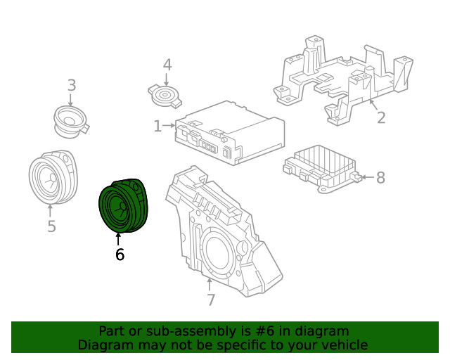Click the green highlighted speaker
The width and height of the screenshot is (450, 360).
125,205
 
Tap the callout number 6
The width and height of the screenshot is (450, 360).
120,255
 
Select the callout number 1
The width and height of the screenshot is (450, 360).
157,127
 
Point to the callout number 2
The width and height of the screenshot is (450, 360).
380,117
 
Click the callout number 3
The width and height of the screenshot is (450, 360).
71,86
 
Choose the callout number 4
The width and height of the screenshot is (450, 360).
167,65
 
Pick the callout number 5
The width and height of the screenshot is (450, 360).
51,226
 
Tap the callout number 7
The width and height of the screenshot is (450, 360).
210,300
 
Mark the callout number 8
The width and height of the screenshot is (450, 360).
380,177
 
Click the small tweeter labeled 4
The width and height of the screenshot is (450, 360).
167,95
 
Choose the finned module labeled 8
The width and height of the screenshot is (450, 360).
320,167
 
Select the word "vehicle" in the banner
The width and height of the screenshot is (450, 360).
344,345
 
